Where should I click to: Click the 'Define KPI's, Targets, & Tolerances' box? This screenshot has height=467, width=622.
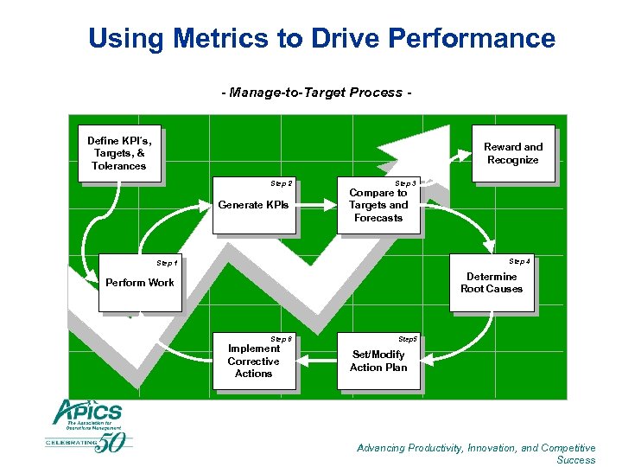tap(119, 154)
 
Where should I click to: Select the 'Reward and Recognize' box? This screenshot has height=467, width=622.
tap(512, 154)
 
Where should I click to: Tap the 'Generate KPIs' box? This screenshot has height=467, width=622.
tap(254, 206)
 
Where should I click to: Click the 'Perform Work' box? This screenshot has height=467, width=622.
tap(140, 283)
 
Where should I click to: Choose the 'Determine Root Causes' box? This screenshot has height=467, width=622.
tap(491, 284)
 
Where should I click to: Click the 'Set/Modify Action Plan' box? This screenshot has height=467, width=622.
tap(378, 361)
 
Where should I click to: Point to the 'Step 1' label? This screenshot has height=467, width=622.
tap(167, 262)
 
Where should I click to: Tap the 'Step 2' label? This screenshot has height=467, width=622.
tap(282, 183)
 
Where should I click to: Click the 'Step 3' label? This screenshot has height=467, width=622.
tap(406, 183)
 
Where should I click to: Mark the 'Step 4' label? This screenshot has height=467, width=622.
tap(520, 261)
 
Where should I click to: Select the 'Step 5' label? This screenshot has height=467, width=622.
tap(407, 339)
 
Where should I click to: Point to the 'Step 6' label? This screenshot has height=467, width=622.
tap(282, 339)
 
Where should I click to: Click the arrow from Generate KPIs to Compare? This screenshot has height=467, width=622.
tap(316, 206)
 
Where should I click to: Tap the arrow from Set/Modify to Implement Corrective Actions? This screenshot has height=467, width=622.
tap(316, 361)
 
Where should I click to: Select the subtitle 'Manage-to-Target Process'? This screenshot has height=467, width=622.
tap(316, 92)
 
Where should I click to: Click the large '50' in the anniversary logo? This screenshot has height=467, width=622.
tap(113, 441)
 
